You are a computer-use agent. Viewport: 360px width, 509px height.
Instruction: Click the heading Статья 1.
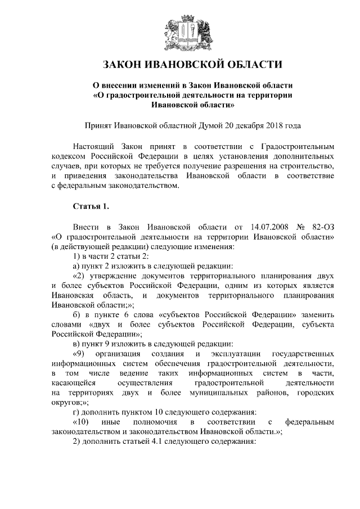[x=91, y=208]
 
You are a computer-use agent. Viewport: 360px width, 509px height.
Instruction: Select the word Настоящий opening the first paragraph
[x=94, y=146]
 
